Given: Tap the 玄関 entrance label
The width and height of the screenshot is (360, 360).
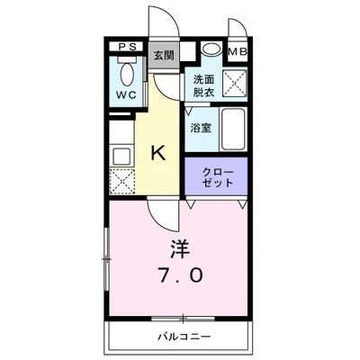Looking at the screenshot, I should pyautogui.click(x=163, y=56).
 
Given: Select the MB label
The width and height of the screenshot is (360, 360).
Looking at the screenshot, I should pyautogui.click(x=238, y=50).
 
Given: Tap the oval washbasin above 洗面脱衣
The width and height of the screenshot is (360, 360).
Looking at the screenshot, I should pyautogui.click(x=211, y=51).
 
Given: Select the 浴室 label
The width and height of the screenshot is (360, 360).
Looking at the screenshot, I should pyautogui.click(x=201, y=128).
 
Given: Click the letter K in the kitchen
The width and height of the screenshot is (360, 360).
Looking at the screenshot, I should pyautogui.click(x=157, y=153).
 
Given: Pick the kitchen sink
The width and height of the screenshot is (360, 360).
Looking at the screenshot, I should pyautogui.click(x=121, y=155).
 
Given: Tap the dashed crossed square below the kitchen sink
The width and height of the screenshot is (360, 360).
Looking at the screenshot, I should pyautogui.click(x=121, y=181).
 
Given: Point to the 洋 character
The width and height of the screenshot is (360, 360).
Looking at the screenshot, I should pyautogui.click(x=180, y=245).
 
